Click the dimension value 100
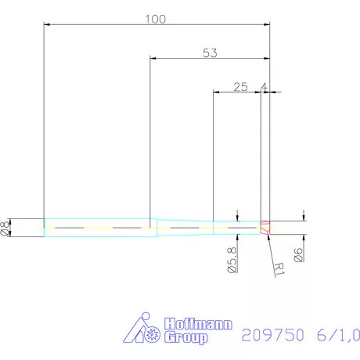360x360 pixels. (x=155, y=19)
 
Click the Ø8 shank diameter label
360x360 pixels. (x=7, y=227)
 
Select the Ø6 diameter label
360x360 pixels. (x=297, y=254)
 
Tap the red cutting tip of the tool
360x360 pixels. (x=265, y=227)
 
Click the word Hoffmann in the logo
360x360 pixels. (x=197, y=324)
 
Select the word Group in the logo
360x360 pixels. (x=186, y=338)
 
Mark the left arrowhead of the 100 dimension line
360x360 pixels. (x=47, y=25)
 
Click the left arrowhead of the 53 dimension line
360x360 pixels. (x=153, y=59)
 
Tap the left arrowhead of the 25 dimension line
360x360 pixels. (x=217, y=92)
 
